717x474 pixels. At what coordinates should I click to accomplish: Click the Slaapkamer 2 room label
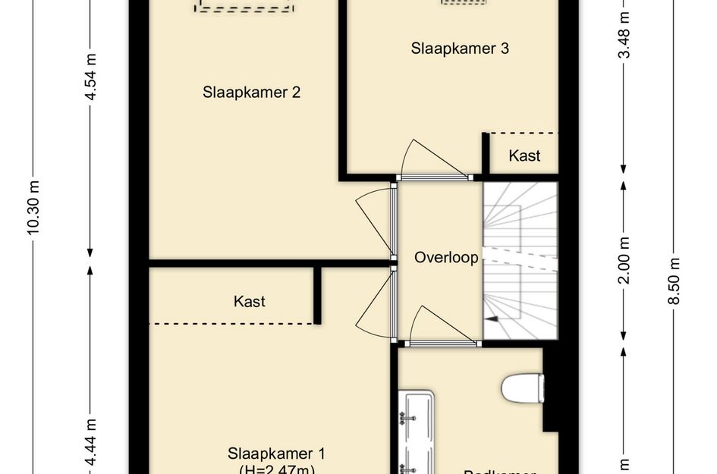point(251,93)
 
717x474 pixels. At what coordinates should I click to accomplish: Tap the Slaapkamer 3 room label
point(460,49)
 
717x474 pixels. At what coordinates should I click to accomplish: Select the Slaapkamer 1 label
point(276,454)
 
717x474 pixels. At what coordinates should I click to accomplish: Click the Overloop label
point(446,258)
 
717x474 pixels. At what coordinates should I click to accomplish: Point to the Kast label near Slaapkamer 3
point(524,155)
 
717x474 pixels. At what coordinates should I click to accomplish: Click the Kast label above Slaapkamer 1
point(249,301)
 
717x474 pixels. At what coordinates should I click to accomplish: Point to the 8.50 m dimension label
point(674,281)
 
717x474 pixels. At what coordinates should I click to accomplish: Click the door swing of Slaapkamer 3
point(430,161)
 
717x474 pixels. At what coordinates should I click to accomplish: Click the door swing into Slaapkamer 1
point(376,303)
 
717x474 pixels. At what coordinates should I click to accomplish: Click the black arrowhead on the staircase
point(493,320)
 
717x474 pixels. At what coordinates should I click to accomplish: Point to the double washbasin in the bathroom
point(417,432)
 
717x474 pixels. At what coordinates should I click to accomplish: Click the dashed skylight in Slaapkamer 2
point(244,6)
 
